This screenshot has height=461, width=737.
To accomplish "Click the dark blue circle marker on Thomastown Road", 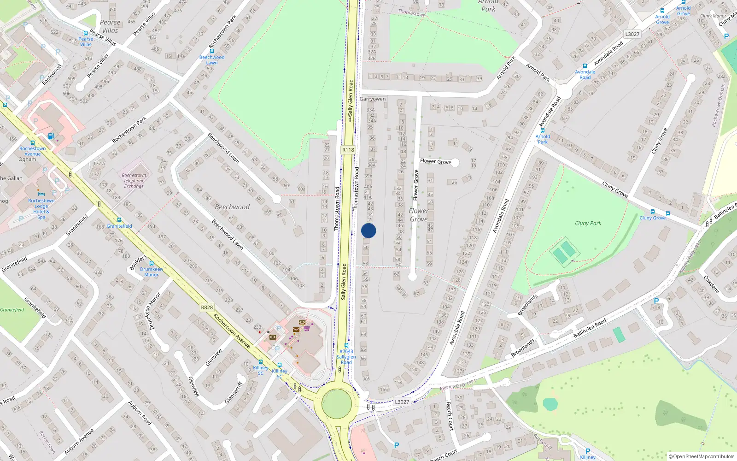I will pos(368,230).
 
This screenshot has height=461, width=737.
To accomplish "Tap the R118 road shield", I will pos(348,150).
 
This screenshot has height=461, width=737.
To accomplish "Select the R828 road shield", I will pos(207,307).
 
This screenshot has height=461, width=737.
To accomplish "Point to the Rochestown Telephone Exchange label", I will pos(134,181).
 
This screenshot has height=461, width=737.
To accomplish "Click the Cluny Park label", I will pos(588,223).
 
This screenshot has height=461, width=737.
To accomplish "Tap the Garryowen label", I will pos(373,99).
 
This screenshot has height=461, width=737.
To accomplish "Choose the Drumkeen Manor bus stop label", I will pos(152,272).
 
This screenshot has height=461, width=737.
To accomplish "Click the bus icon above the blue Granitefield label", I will pos(119,220).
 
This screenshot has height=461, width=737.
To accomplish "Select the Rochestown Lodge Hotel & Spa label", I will pos(41,209).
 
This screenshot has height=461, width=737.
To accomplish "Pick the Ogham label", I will pos(27,160).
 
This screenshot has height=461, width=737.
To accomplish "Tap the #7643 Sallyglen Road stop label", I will pos(346,357).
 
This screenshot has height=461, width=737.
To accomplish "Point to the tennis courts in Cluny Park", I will pos(564,252).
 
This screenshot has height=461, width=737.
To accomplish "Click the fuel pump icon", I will pos(51,136).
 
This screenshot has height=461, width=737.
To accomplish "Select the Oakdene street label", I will pos(712,284).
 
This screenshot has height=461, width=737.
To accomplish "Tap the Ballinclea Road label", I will pos(590,328).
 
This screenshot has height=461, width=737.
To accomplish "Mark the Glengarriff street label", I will pos(234,393).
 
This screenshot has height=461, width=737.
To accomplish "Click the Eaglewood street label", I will pos(52,74).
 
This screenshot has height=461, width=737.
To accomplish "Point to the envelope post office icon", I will pos(296,330).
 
